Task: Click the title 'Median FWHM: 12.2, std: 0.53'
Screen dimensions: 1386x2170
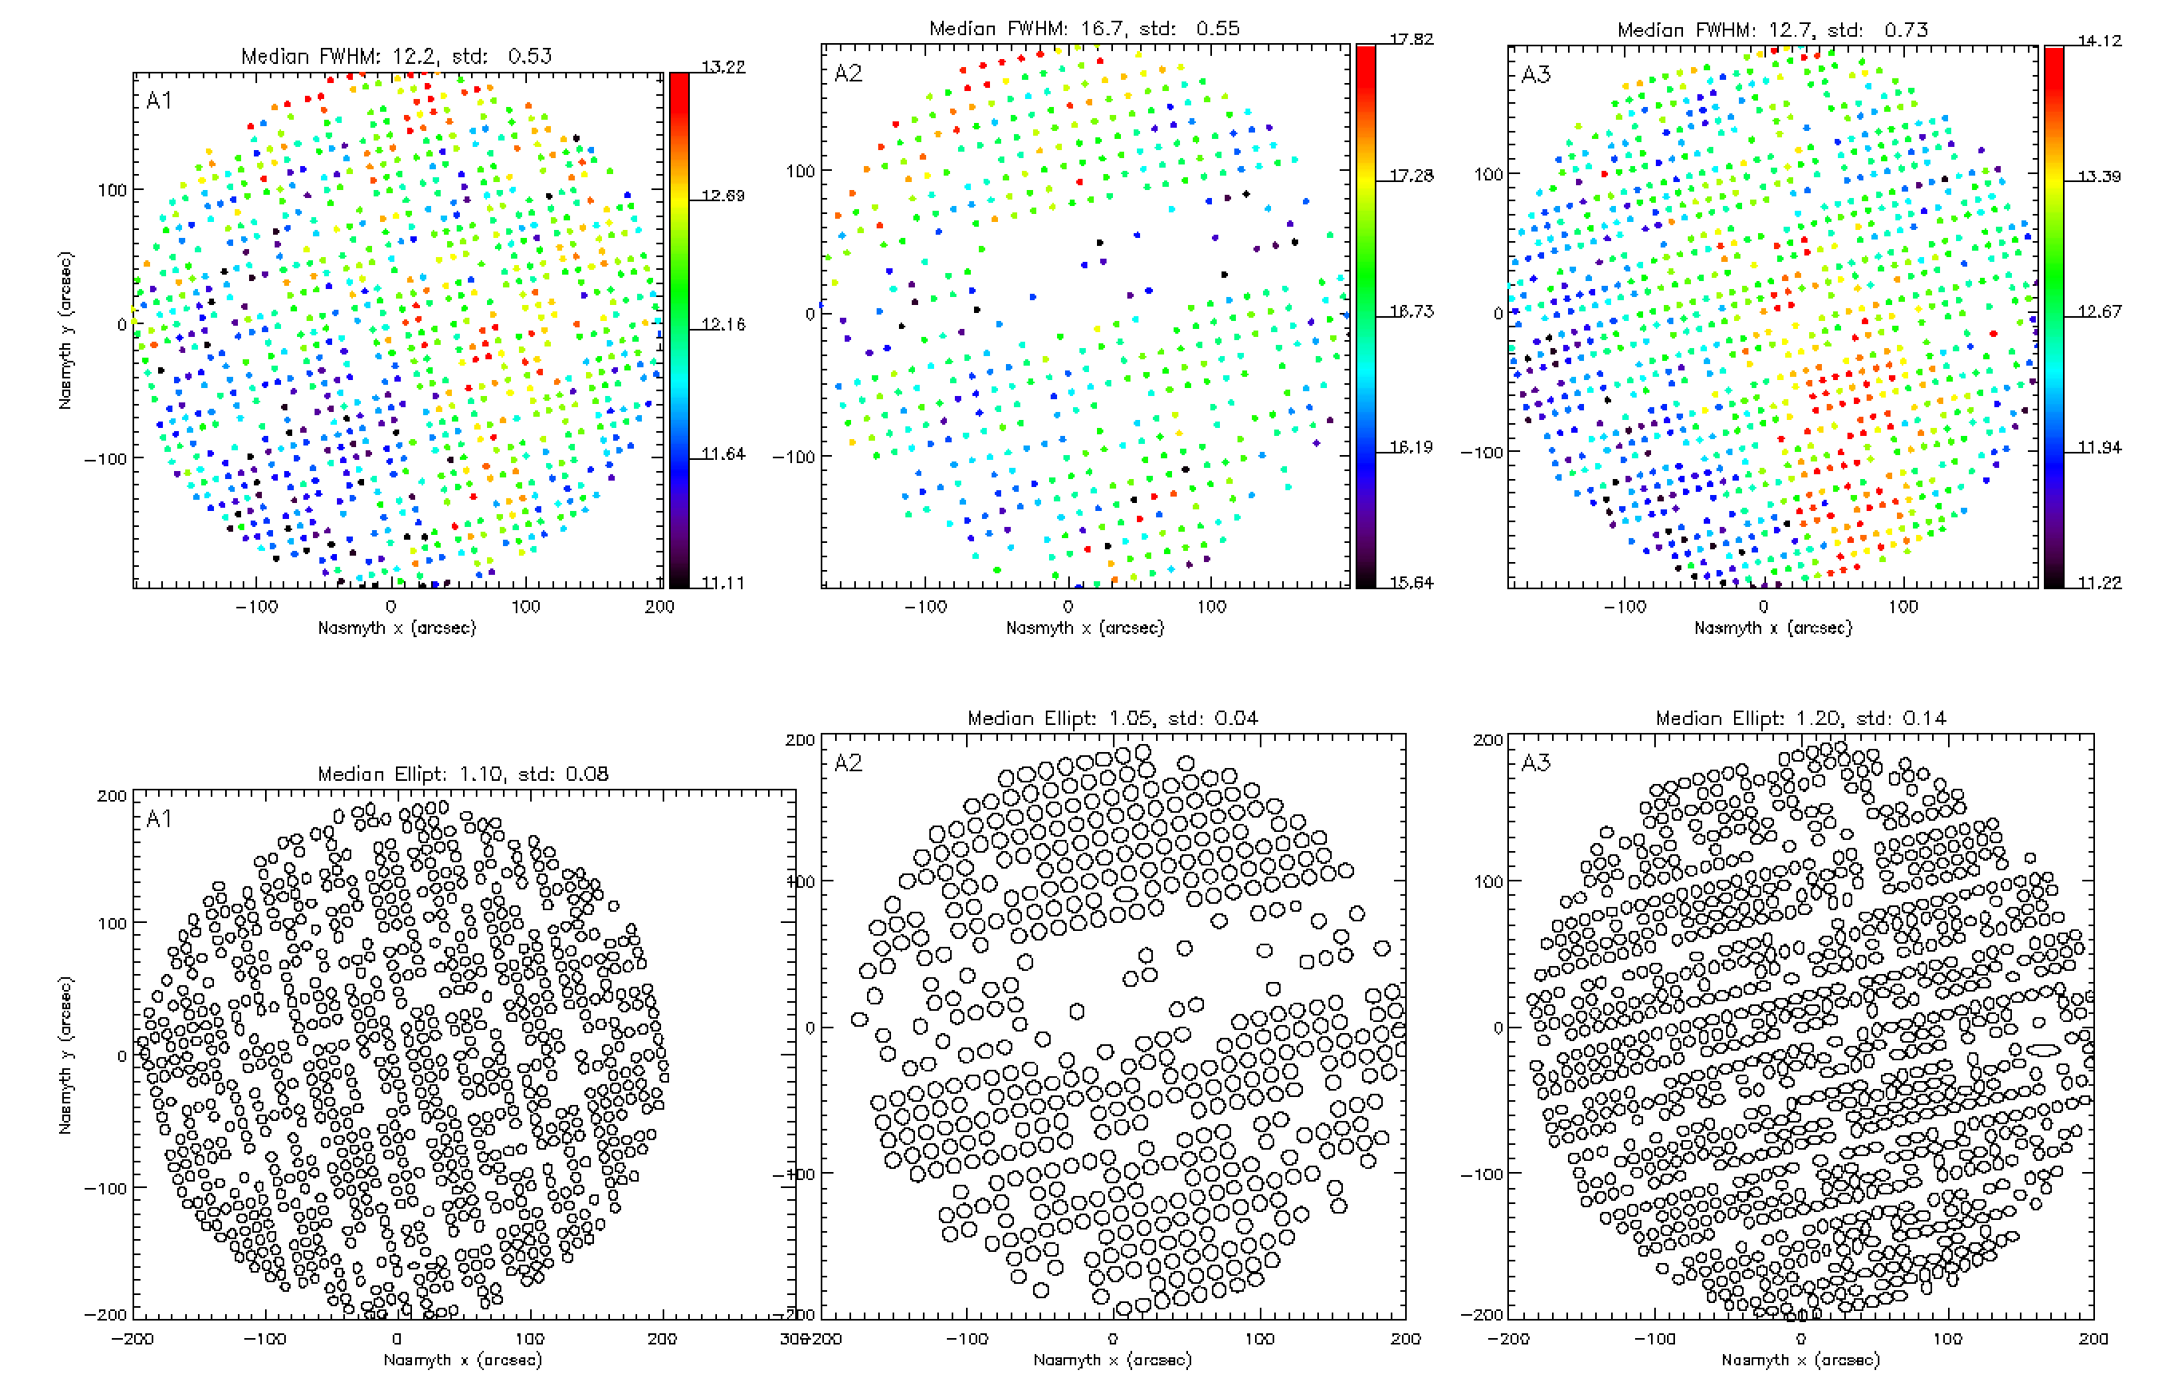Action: coord(396,56)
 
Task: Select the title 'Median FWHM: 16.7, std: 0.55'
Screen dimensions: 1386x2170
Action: coord(1084,28)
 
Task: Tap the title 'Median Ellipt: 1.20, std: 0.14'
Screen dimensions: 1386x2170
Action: coord(1800,719)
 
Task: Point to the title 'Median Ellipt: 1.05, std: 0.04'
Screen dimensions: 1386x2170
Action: coord(1112,719)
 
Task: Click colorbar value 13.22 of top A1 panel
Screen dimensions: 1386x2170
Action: coord(723,67)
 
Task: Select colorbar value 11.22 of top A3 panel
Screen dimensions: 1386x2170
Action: coord(2099,582)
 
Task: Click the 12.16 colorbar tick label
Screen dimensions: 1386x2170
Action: coord(723,324)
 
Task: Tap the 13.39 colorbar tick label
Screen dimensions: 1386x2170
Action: coord(2099,176)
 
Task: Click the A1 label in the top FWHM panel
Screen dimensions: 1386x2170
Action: coord(159,100)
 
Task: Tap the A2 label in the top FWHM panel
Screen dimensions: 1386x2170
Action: coord(847,73)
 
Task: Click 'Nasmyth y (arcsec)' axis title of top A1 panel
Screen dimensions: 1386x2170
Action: coord(65,330)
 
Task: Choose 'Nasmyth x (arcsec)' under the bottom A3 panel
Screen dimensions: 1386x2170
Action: coord(1800,1359)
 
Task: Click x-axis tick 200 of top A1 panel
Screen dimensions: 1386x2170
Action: coord(659,607)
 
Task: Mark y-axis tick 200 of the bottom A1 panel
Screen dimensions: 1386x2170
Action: coord(112,796)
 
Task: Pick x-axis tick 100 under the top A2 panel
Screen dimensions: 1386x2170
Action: coord(1211,607)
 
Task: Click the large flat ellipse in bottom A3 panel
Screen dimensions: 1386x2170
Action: coord(2044,1049)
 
